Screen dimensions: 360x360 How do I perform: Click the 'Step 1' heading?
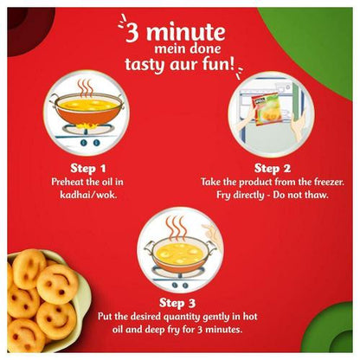click(88, 168)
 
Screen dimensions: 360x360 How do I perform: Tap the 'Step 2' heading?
click(273, 168)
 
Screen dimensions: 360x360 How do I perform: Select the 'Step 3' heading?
click(177, 303)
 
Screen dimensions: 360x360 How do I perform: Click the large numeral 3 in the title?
click(133, 34)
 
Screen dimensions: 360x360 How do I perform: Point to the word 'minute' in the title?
click(185, 33)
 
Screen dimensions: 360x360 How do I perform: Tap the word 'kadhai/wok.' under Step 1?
click(88, 195)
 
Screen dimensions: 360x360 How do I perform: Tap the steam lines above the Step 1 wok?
click(86, 87)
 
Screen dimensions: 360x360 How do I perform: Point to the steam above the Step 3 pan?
click(177, 228)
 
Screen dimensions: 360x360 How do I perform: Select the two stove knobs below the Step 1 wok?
click(90, 143)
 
